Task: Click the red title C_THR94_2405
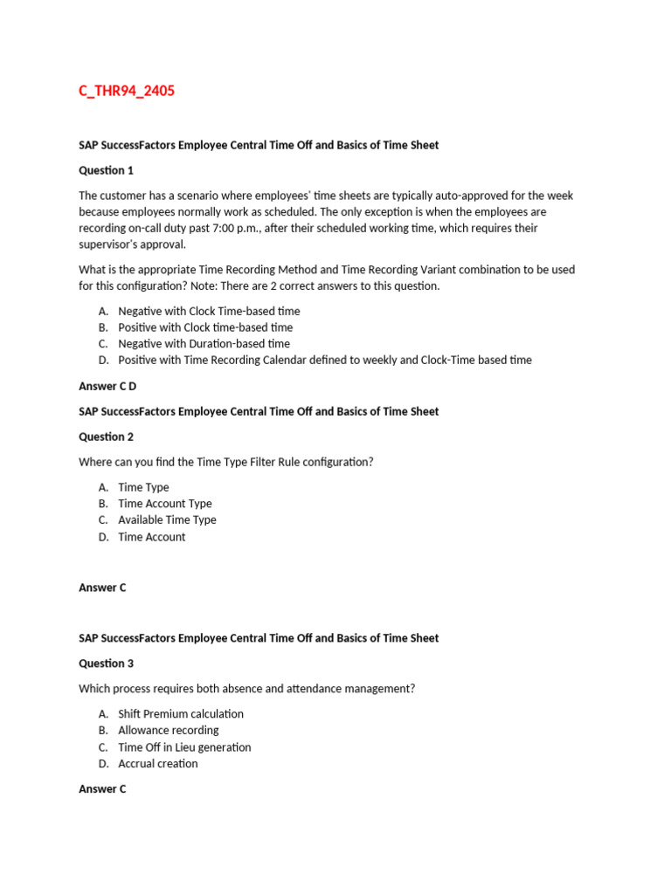point(127,91)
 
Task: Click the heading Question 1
point(106,170)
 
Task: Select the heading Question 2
point(106,437)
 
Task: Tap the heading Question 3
point(106,664)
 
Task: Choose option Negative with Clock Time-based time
point(209,311)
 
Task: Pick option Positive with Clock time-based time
point(205,327)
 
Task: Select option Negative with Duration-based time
point(204,344)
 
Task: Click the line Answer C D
point(107,386)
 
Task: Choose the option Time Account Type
point(164,504)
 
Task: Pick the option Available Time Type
point(167,520)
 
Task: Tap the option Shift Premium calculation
point(181,714)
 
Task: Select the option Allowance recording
point(169,731)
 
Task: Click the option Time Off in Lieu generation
point(184,747)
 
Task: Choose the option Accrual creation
point(158,764)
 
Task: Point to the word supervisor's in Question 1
point(109,244)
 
